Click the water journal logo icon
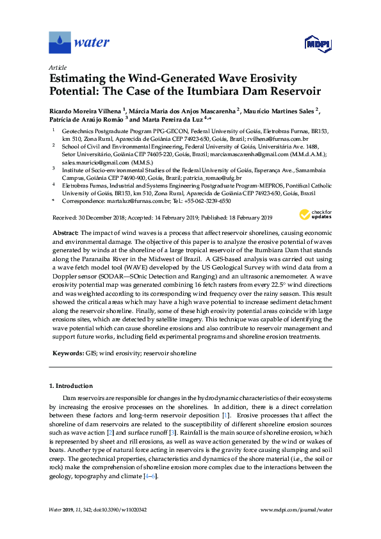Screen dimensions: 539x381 [x=60, y=42]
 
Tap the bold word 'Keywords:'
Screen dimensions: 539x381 [x=67, y=353]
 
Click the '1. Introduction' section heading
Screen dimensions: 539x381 [x=71, y=386]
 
